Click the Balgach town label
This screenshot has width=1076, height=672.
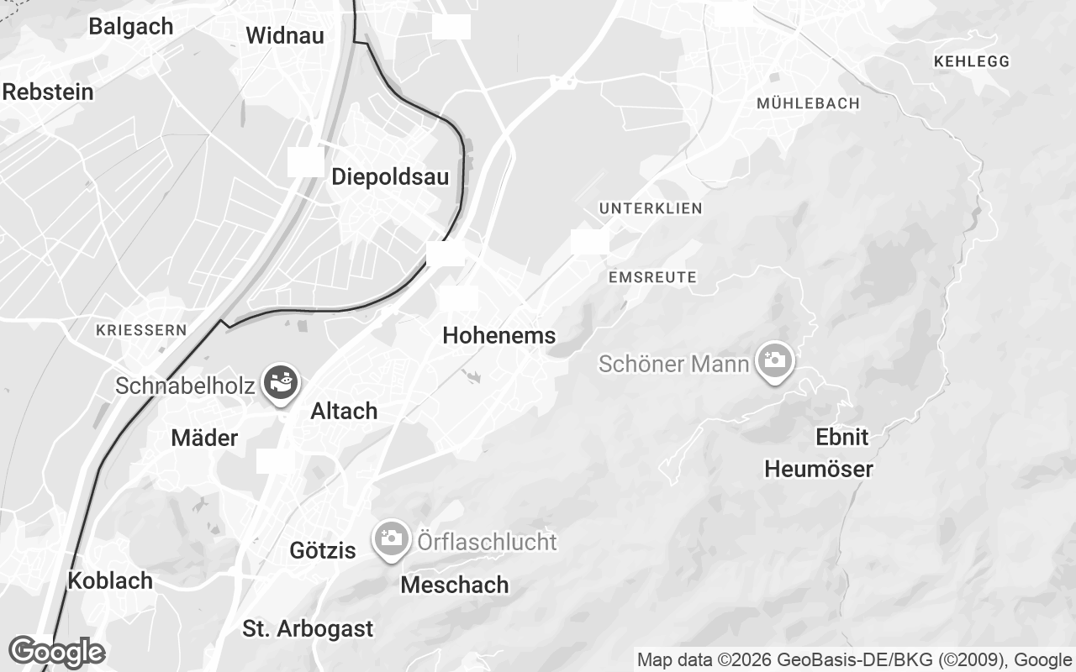pos(130,26)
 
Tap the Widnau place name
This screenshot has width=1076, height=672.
pos(285,36)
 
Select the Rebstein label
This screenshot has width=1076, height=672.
pos(48,92)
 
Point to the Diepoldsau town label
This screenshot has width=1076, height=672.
pos(390,177)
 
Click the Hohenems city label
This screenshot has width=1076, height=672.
pos(498,336)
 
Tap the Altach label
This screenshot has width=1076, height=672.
pos(344,412)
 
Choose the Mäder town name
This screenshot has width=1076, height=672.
pos(204,438)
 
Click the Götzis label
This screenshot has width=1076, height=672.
pos(323,551)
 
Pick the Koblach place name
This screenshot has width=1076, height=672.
pos(110,580)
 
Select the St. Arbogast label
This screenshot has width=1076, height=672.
pos(308,628)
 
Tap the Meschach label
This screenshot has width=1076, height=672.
pos(455,585)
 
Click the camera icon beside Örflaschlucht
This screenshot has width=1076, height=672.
pos(391,538)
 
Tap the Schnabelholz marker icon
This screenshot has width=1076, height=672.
pos(280,383)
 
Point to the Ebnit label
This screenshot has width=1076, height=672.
pos(842,438)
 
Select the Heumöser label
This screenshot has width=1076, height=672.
pos(819,469)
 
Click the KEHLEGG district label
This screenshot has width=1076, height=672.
pos(971,61)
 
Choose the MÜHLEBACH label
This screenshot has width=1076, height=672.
pos(808,103)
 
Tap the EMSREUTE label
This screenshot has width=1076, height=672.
pos(651,277)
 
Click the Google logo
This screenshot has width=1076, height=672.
pos(56,652)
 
